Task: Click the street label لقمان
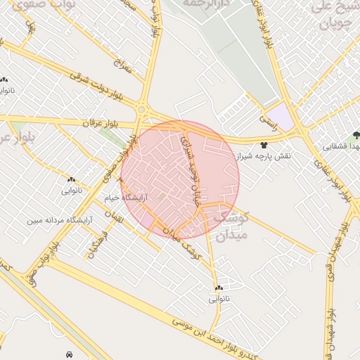pyautogui.click(x=112, y=220)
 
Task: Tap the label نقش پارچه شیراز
pyautogui.click(x=263, y=155)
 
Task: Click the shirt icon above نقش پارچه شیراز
pyautogui.click(x=264, y=144)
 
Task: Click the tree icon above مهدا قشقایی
pyautogui.click(x=355, y=134)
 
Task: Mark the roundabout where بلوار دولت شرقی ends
pyautogui.click(x=143, y=109)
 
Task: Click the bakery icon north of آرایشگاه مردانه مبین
pyautogui.click(x=71, y=180)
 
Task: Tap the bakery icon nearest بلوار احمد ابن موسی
pyautogui.click(x=219, y=288)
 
